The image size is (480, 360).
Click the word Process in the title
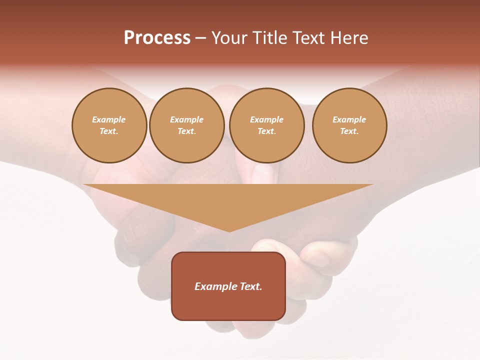coord(157,38)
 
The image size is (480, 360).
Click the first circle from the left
coord(109,125)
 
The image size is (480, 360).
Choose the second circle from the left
coord(186,125)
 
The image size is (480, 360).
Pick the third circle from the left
coord(266,125)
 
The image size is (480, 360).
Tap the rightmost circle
coord(349,125)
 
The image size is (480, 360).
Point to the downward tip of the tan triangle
coord(229,231)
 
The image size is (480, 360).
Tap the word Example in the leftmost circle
coord(109,119)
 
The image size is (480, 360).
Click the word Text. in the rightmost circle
coord(349,131)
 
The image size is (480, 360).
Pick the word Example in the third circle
coord(266,119)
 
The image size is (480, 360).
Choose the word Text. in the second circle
coord(186,131)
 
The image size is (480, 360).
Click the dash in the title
coord(200,38)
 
